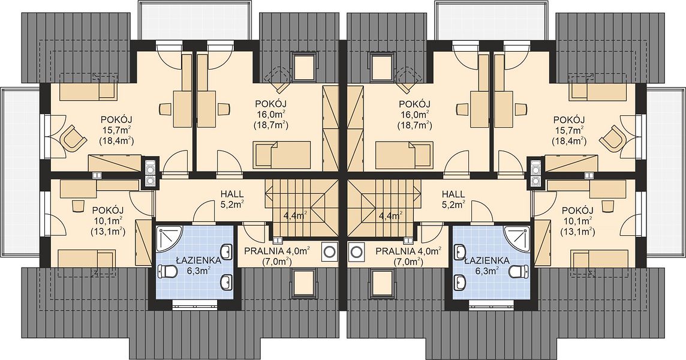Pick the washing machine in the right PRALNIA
(x=357, y=251)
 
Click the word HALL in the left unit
(x=232, y=194)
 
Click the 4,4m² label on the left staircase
(x=295, y=215)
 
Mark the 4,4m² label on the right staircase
(x=391, y=215)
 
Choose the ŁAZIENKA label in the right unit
(x=487, y=261)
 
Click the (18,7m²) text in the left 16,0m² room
(x=270, y=125)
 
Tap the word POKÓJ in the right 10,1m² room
(x=577, y=210)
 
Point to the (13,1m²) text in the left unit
(x=107, y=232)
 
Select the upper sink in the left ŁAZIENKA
(x=227, y=252)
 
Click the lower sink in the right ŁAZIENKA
(x=460, y=280)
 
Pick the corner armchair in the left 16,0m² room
(x=279, y=78)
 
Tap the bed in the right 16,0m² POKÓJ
(x=404, y=155)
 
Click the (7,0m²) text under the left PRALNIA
(x=277, y=262)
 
